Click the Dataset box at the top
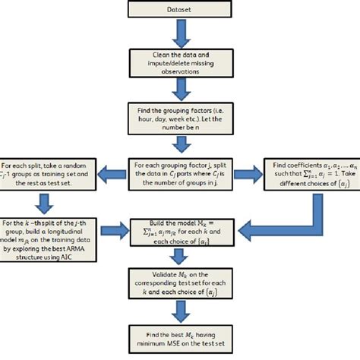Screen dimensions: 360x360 pos(179,8)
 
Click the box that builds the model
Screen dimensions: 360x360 pos(179,227)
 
